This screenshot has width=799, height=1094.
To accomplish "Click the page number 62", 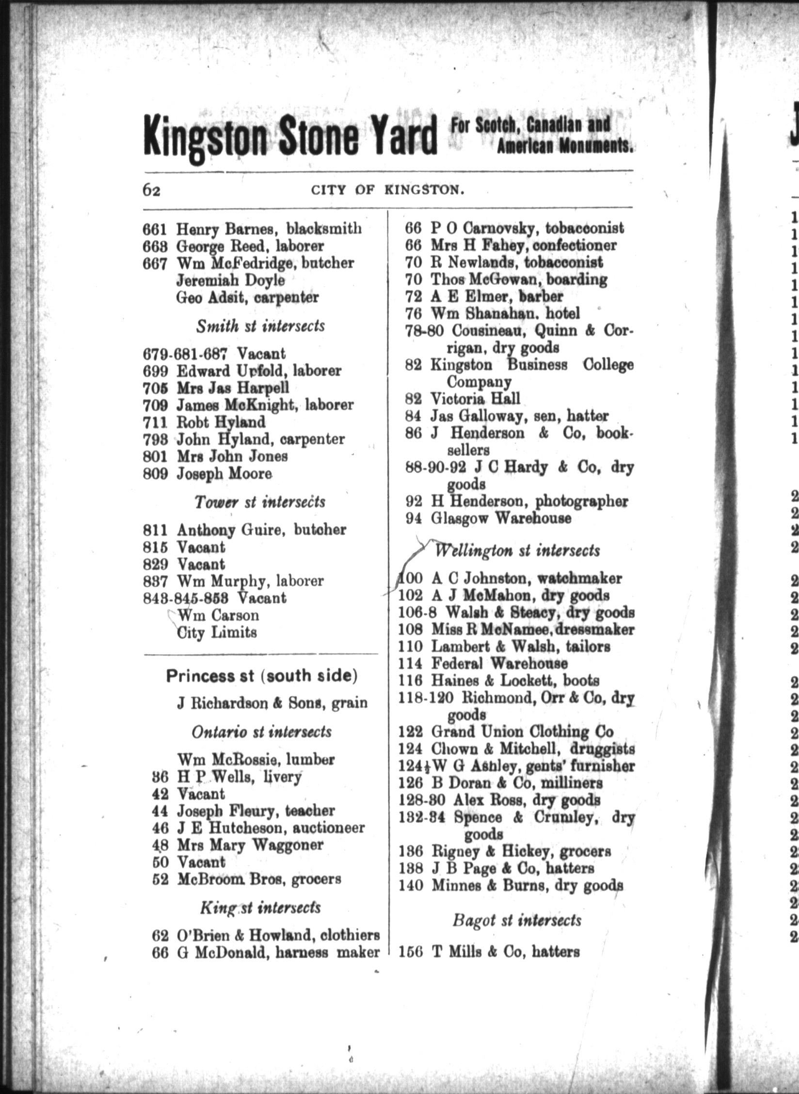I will click(151, 191).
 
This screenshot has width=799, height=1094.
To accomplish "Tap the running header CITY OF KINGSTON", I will click(388, 190).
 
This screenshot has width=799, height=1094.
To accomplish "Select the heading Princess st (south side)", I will click(262, 676).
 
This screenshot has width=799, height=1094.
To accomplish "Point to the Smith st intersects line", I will click(260, 326).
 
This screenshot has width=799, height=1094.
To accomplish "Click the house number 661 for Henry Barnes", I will click(155, 228).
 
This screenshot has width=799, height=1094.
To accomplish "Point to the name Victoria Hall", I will click(475, 399).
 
